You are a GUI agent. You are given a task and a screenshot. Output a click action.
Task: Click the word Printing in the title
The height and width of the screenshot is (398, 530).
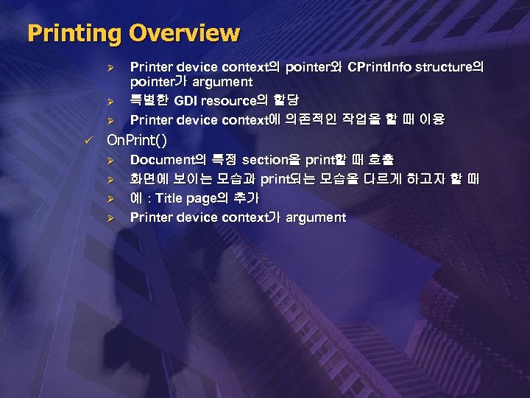(74, 34)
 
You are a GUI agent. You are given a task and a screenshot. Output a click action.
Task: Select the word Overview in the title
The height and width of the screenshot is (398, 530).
(184, 33)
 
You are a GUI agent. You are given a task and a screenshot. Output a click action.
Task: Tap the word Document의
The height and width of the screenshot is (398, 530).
(169, 159)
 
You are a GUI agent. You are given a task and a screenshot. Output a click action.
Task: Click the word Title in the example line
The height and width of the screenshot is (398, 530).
(169, 198)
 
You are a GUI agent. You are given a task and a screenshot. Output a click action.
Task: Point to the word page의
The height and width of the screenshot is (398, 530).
(207, 198)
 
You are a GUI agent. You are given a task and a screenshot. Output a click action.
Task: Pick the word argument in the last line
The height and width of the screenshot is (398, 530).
(315, 218)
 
